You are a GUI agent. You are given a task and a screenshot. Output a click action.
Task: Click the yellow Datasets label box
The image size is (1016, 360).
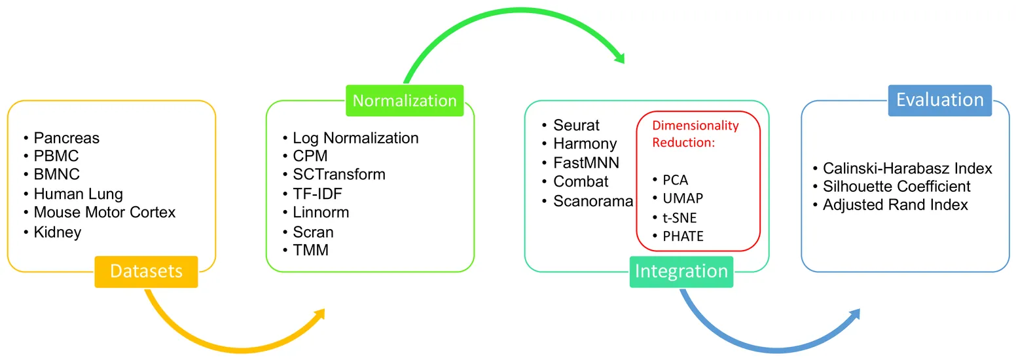[146, 271]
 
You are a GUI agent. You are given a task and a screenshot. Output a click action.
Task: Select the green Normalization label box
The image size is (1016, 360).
[405, 101]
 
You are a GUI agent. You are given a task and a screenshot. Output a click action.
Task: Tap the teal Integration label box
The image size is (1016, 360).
[681, 272]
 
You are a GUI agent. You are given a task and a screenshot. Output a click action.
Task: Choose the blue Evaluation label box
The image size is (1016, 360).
[939, 100]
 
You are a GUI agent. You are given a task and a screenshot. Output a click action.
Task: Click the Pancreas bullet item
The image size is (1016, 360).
[67, 138]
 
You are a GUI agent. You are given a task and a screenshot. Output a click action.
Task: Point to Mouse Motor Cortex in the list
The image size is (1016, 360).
[105, 213]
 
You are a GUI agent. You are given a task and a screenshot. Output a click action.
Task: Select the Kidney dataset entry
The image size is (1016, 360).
[58, 232]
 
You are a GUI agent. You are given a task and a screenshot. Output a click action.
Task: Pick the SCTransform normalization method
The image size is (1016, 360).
[339, 175]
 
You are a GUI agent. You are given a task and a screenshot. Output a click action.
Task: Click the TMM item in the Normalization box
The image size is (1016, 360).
[311, 250]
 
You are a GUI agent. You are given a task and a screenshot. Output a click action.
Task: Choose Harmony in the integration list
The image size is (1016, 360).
[585, 143]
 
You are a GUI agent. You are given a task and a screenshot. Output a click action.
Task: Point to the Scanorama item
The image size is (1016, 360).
[593, 200]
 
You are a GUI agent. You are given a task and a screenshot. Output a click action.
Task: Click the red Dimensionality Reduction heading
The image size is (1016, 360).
[695, 134]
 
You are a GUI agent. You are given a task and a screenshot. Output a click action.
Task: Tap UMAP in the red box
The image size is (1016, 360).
[683, 198]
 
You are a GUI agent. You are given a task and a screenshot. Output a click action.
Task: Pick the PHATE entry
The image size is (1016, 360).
[683, 236]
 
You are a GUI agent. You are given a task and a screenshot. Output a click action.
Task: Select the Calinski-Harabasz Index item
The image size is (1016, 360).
[907, 169]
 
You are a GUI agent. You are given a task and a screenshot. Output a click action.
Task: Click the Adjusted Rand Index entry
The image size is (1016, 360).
[895, 205]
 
